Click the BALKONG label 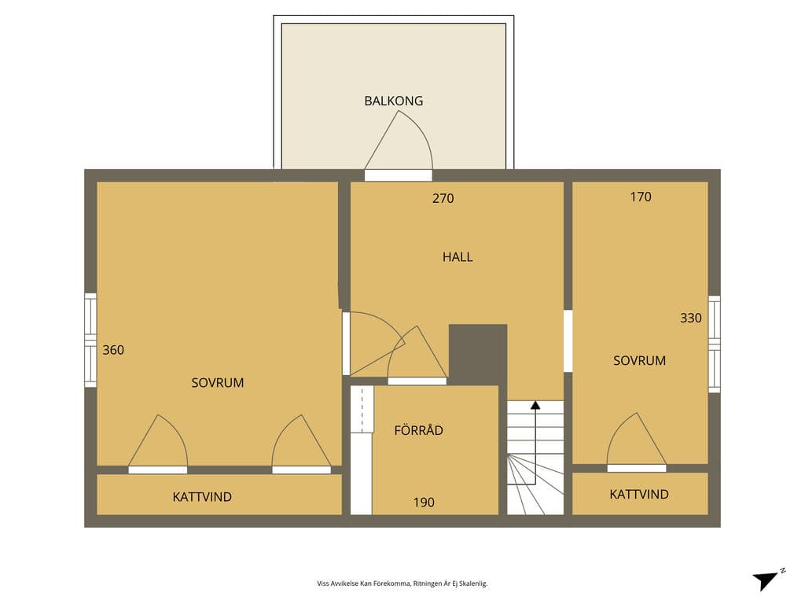[x=394, y=101]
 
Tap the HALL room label [x=458, y=257]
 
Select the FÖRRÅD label [x=418, y=430]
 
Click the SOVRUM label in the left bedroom [x=218, y=383]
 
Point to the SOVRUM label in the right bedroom [x=640, y=360]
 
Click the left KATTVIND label [x=202, y=497]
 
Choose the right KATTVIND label [x=639, y=494]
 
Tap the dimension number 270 [x=443, y=198]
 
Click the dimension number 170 [x=641, y=197]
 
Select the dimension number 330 [x=691, y=318]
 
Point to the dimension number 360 [x=113, y=350]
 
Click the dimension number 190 [x=424, y=503]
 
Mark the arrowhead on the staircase [x=535, y=405]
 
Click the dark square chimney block [x=478, y=355]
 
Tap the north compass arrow [x=766, y=580]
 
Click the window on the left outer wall [x=90, y=340]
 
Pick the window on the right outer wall [x=714, y=344]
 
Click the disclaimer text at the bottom [x=402, y=584]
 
